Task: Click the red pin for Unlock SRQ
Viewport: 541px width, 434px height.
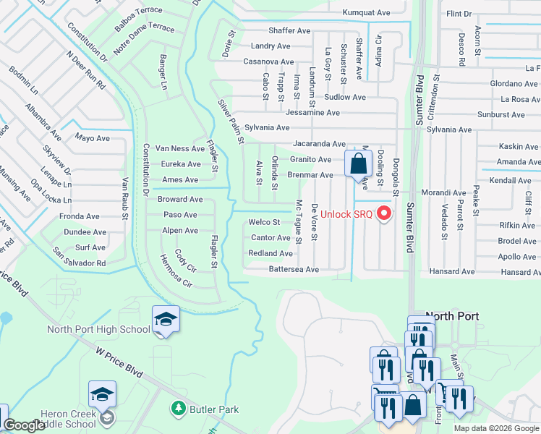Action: [x=384, y=213]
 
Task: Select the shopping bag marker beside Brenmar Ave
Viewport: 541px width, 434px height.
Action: [x=358, y=164]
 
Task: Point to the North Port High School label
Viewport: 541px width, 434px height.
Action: [x=98, y=330]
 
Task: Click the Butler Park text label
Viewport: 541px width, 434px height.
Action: [x=214, y=409]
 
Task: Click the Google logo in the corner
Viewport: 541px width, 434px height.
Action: [x=25, y=426]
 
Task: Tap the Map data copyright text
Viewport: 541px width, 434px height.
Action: [x=495, y=428]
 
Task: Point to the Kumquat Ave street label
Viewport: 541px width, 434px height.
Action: [x=367, y=12]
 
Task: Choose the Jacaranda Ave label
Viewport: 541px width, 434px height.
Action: [x=319, y=144]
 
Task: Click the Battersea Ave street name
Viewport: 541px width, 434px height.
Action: [x=294, y=269]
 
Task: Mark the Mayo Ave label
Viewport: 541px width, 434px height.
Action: [x=92, y=137]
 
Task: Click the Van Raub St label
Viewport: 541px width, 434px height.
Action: [x=125, y=198]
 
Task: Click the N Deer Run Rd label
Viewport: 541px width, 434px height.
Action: [x=85, y=70]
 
